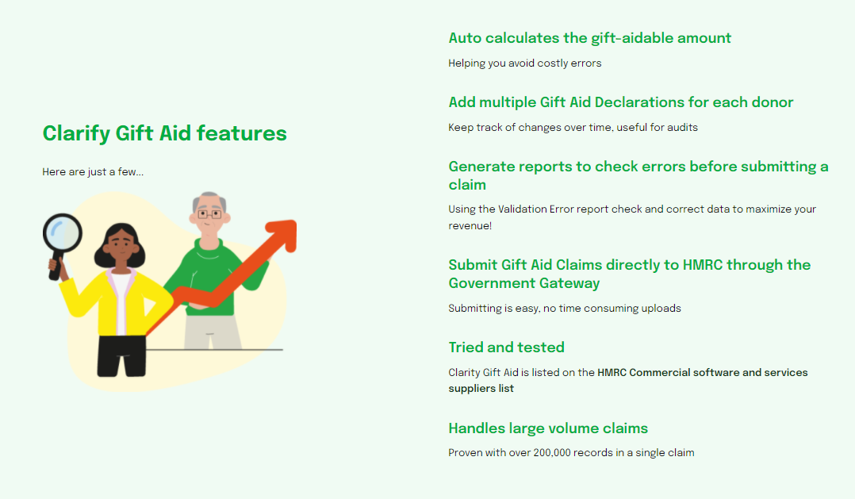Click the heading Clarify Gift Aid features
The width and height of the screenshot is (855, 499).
tap(164, 133)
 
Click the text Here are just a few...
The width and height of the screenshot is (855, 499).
tap(93, 172)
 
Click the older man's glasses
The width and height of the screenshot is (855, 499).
tap(209, 213)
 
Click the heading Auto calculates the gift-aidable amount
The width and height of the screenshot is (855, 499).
tap(589, 38)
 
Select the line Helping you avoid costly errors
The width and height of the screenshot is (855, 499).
tap(524, 63)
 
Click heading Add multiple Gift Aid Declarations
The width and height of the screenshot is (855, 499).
tap(620, 102)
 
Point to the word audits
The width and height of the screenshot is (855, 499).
tap(682, 127)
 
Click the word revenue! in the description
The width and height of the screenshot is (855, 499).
tap(470, 226)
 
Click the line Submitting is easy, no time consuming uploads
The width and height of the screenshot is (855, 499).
tap(564, 308)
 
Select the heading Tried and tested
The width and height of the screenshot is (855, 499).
tap(506, 347)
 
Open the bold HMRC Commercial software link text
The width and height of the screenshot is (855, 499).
tap(702, 372)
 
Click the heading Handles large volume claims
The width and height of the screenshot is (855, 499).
tap(548, 428)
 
